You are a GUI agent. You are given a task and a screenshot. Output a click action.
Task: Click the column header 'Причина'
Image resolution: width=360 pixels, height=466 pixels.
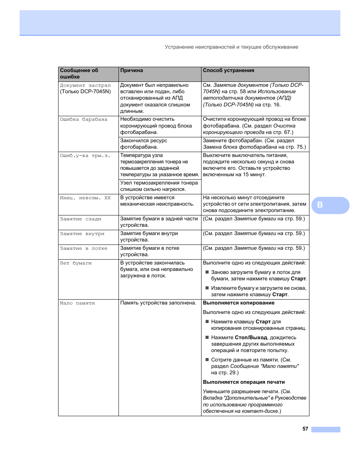click(132, 71)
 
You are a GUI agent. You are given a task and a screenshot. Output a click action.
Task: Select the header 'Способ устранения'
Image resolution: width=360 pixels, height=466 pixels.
click(228, 71)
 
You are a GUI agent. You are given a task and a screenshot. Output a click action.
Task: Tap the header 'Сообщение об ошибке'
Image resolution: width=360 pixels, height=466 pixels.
click(79, 74)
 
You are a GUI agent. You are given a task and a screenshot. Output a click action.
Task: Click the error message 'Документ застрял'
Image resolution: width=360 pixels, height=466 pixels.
click(85, 85)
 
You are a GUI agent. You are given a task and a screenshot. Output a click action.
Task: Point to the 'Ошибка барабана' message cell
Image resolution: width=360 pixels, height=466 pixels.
click(83, 120)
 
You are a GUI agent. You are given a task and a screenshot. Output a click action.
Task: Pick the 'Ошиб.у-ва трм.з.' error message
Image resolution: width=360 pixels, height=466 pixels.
click(85, 155)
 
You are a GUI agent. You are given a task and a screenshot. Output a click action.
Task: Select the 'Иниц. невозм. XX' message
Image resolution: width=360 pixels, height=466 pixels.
click(85, 198)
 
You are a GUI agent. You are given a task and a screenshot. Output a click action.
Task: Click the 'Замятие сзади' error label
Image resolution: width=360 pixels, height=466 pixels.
click(80, 219)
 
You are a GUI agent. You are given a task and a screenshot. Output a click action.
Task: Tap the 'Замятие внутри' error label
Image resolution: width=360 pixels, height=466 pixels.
click(82, 234)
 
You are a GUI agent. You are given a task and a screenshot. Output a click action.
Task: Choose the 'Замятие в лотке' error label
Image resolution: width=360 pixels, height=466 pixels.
click(83, 248)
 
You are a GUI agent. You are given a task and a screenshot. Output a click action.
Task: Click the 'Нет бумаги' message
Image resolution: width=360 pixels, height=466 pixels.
click(75, 263)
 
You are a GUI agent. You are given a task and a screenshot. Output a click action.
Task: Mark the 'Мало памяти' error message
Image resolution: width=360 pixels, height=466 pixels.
click(77, 303)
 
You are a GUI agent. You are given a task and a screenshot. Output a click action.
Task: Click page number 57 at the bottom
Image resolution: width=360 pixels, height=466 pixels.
click(305, 429)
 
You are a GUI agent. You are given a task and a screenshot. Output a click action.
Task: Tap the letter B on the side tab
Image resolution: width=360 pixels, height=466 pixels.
click(320, 205)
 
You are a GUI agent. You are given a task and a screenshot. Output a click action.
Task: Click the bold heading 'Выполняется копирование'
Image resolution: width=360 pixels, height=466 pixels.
click(238, 303)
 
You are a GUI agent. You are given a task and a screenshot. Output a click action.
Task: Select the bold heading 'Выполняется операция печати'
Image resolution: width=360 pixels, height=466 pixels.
click(244, 382)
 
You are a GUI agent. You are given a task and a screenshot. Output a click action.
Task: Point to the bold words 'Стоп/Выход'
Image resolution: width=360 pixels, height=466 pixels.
click(251, 338)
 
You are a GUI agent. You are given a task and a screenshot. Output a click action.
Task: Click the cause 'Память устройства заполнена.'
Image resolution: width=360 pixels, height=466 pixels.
click(158, 303)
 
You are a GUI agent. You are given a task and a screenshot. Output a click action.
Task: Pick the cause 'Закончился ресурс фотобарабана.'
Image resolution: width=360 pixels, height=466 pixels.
click(143, 144)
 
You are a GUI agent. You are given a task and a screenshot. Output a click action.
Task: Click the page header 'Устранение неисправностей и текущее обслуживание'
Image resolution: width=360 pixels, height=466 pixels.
click(231, 47)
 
